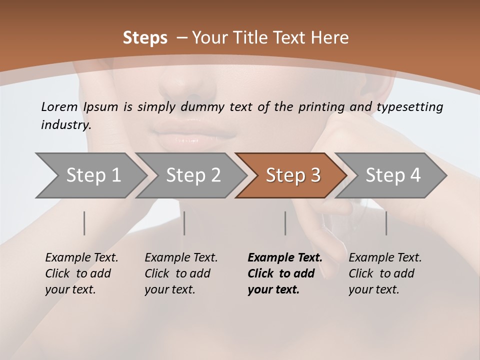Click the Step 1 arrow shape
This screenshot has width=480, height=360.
[93, 175]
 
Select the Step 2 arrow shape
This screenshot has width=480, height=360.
[193, 175]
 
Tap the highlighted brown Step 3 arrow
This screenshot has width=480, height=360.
[293, 175]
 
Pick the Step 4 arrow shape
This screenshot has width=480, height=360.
[393, 175]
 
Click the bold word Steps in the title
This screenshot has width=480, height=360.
[145, 38]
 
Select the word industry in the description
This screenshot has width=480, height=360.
[65, 125]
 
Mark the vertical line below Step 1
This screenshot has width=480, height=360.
[84, 223]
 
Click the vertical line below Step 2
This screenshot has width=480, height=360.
[184, 223]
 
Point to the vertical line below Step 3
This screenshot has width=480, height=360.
[285, 223]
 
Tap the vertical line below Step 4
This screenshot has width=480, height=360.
[386, 223]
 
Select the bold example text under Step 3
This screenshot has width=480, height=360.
[284, 273]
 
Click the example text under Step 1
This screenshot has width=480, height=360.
[81, 273]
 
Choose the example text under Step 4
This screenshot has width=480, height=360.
[385, 273]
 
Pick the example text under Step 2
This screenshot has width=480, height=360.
[181, 273]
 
